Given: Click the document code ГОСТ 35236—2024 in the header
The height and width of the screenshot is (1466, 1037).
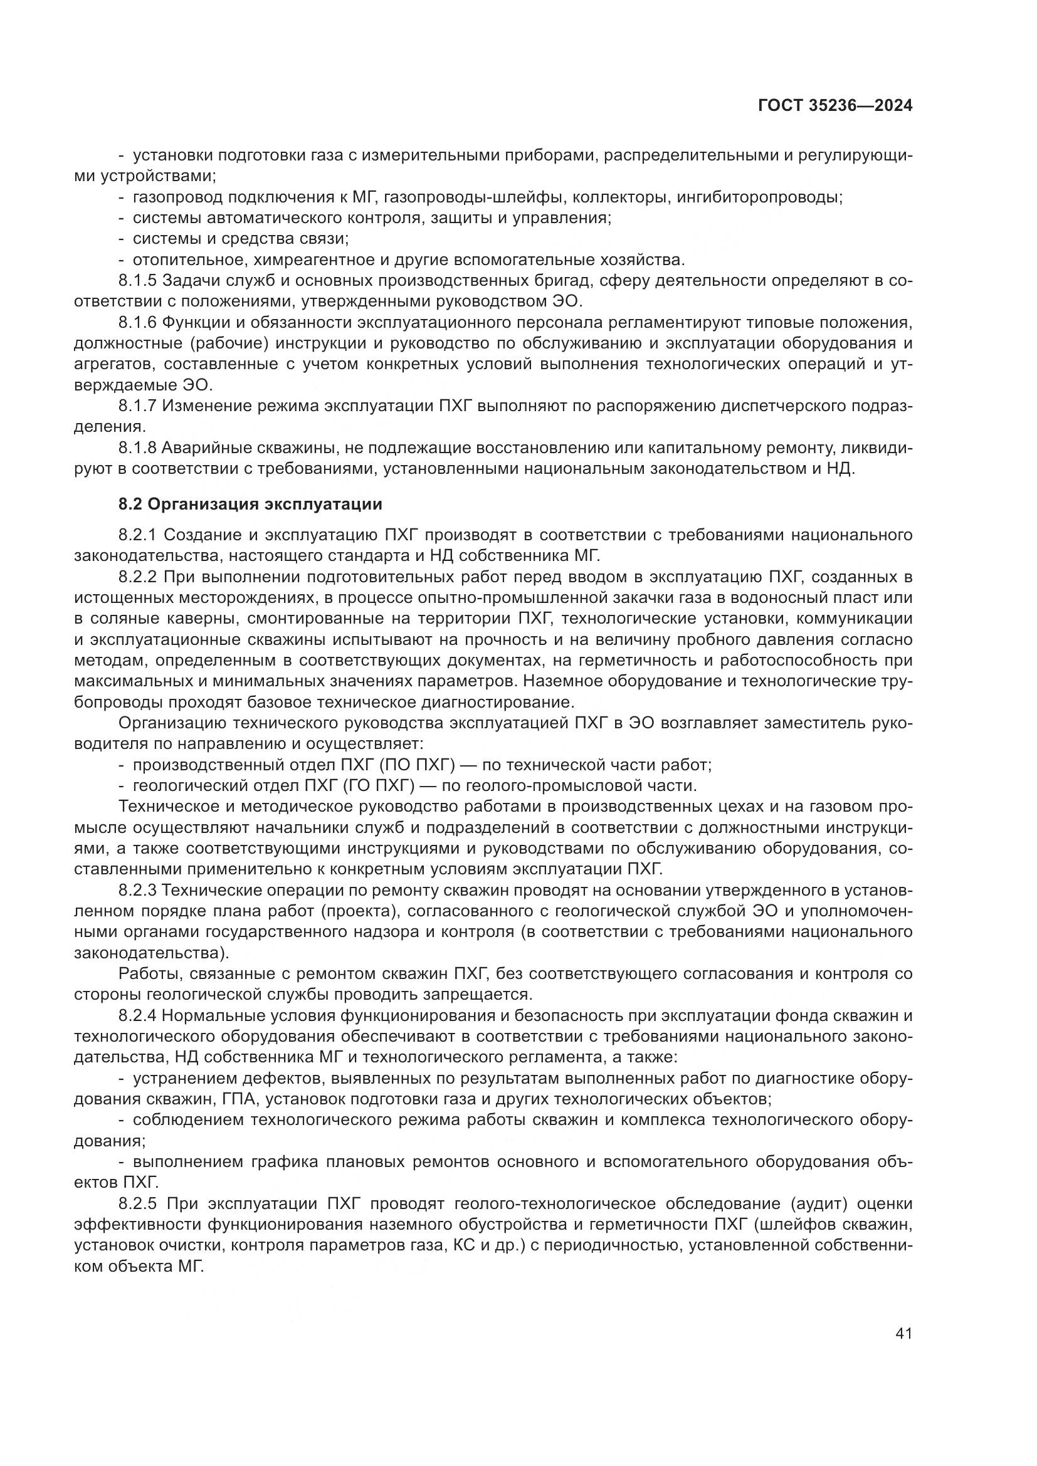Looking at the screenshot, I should coord(834,106).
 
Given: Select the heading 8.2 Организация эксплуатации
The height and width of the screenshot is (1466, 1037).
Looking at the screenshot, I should coord(250,505).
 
